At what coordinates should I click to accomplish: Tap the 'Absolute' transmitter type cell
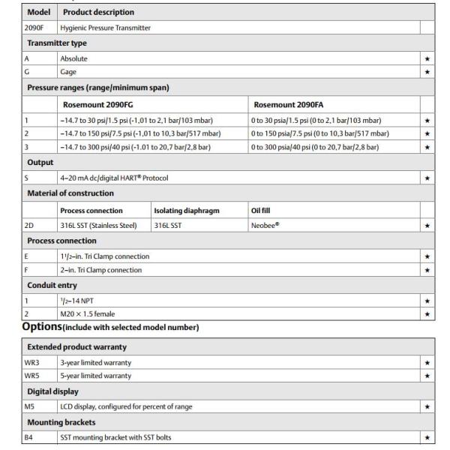click(73, 57)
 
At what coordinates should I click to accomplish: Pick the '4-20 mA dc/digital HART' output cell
click(114, 178)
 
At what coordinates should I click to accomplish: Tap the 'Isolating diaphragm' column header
click(187, 211)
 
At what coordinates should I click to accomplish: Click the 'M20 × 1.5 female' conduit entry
click(88, 313)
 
